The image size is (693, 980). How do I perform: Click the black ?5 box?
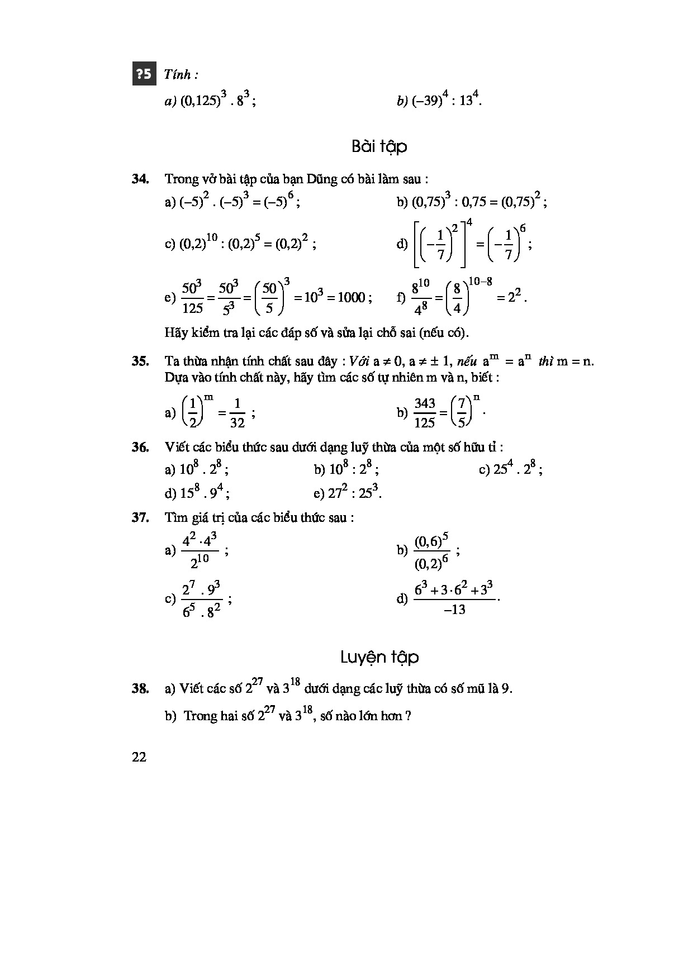click(144, 74)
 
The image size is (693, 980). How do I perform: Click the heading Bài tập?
click(379, 146)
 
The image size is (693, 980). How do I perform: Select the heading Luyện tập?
click(379, 658)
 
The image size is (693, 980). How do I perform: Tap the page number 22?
click(139, 757)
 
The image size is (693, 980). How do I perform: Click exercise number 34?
click(140, 179)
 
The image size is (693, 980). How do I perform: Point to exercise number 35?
click(140, 361)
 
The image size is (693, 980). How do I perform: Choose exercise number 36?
click(140, 447)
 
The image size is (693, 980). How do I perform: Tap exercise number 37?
click(140, 517)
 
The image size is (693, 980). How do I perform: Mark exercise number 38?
click(140, 688)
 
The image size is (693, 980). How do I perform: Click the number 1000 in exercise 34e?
click(352, 297)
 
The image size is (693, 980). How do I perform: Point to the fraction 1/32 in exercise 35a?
click(237, 413)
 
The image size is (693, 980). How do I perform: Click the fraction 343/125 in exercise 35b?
click(424, 413)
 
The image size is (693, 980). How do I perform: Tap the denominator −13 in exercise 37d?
click(454, 610)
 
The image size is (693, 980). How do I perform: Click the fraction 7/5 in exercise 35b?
click(461, 413)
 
